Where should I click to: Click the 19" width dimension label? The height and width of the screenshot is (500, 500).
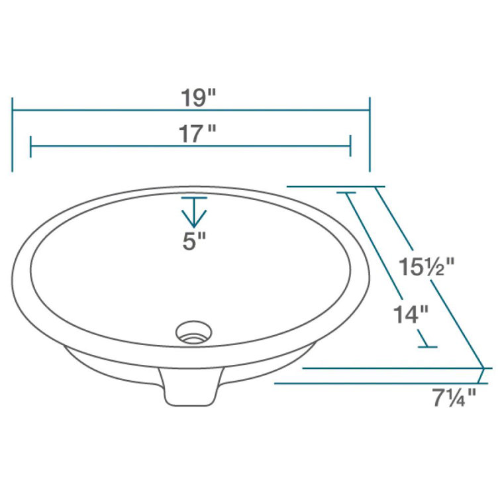[199, 97]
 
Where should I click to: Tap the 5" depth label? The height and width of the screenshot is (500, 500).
[194, 242]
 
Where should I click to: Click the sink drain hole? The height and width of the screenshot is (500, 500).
[193, 330]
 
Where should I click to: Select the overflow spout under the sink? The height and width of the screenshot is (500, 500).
[191, 388]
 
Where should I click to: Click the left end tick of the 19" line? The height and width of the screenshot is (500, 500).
[13, 134]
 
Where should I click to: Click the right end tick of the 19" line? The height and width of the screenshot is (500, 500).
[370, 134]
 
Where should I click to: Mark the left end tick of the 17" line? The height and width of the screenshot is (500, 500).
[30, 146]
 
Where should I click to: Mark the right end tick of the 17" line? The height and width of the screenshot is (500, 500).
[350, 146]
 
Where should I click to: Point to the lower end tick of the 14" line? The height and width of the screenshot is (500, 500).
[428, 346]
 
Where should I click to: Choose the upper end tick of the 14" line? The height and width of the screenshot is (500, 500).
[347, 193]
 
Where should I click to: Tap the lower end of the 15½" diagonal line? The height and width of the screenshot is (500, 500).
[483, 367]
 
